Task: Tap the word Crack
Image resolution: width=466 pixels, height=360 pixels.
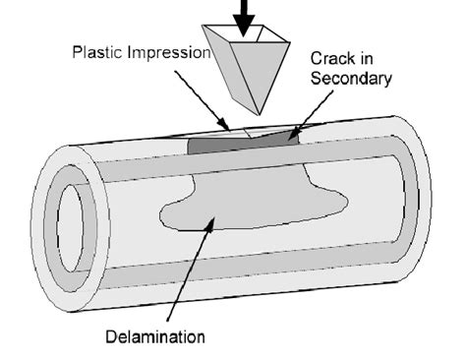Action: click(332, 58)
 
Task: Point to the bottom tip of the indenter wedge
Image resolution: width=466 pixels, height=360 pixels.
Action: click(259, 111)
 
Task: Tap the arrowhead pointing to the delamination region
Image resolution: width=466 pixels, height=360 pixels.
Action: click(207, 227)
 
